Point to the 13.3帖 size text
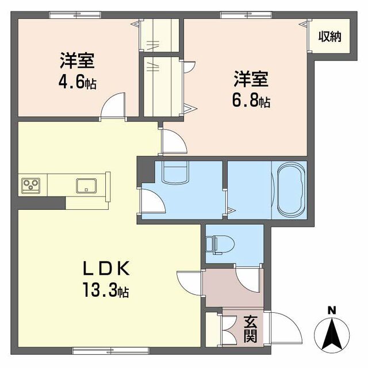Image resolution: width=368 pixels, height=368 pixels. point(108,291)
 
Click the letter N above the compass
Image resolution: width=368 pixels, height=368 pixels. point(331,311)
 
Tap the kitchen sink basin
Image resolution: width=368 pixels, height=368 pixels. point(86,186)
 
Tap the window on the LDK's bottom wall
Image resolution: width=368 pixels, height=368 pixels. point(95,349)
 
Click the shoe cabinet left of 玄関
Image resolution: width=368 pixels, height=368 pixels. point(214,329)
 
